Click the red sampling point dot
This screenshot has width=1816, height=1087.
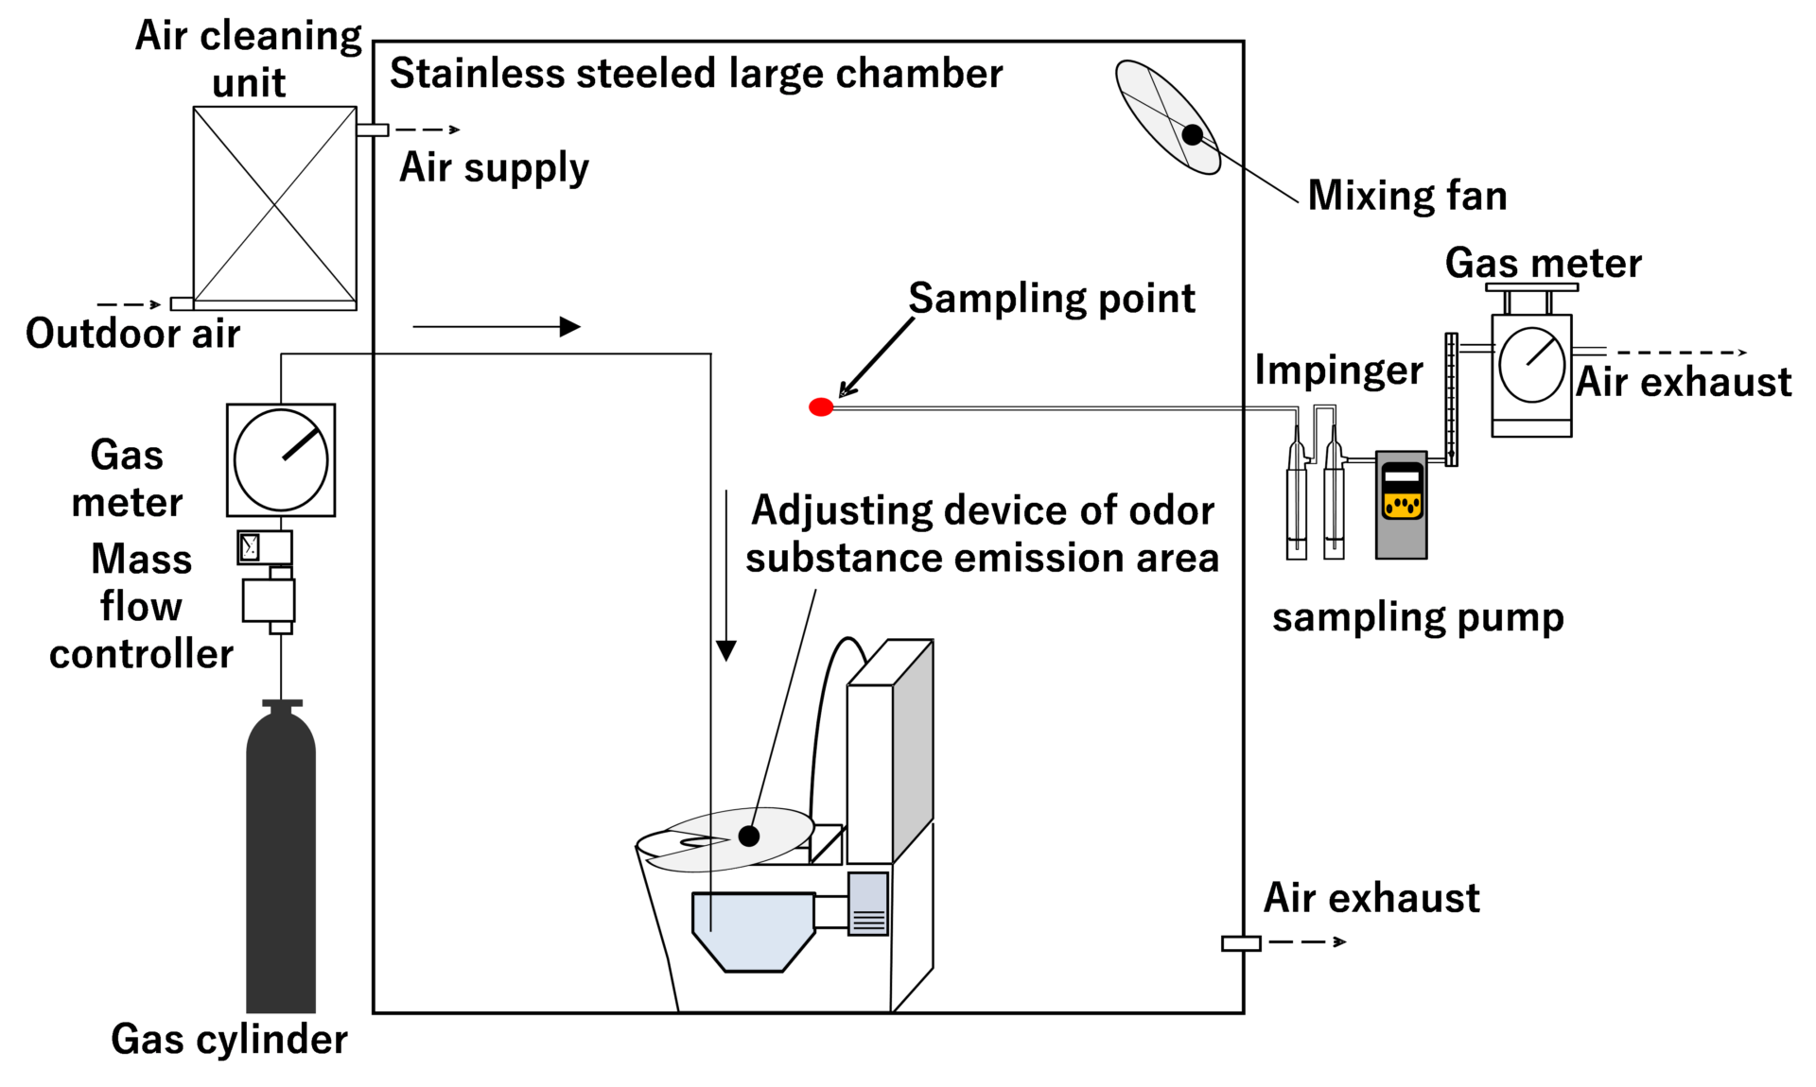point(821,407)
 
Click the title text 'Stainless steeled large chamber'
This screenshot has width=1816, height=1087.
point(696,74)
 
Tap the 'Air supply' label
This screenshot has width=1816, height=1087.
point(494,168)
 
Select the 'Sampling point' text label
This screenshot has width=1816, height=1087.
point(1051,299)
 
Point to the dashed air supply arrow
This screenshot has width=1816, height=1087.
point(428,129)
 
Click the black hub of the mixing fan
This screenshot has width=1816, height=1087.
point(1193,134)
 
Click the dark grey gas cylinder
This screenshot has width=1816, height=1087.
point(281,860)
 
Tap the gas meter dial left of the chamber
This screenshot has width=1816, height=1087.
point(281,460)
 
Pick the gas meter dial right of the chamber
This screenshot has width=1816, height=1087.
point(1531,365)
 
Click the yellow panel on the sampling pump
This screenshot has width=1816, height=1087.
point(1402,506)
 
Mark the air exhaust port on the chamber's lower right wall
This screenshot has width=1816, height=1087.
point(1240,943)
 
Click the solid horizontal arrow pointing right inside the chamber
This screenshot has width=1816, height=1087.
point(497,327)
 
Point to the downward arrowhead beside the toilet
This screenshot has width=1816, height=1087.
point(725,649)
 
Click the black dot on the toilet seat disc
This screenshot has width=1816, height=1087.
point(749,836)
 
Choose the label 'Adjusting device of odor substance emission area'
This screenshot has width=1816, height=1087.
point(982,534)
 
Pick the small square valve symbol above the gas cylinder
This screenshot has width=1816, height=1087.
point(250,547)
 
